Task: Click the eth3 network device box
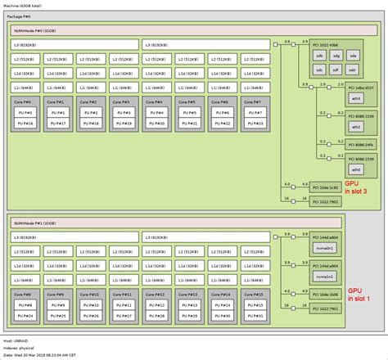pyautogui.click(x=332, y=97)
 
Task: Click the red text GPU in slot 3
pyautogui.click(x=355, y=187)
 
